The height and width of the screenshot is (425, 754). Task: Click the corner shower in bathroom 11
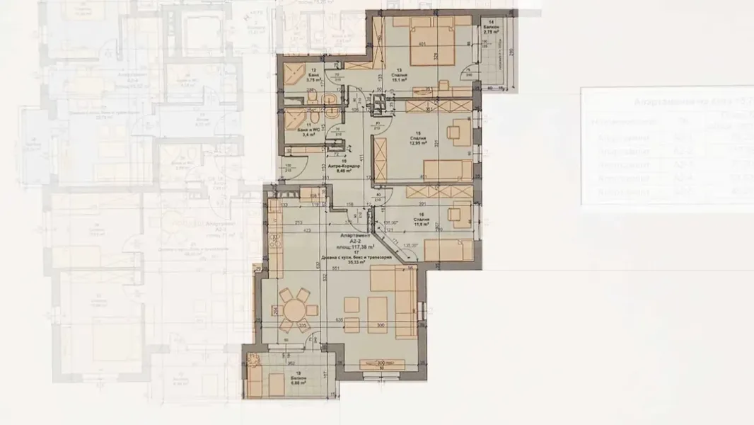pyautogui.click(x=291, y=120)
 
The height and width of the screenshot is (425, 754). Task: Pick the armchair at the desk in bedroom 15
pyautogui.click(x=454, y=132)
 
